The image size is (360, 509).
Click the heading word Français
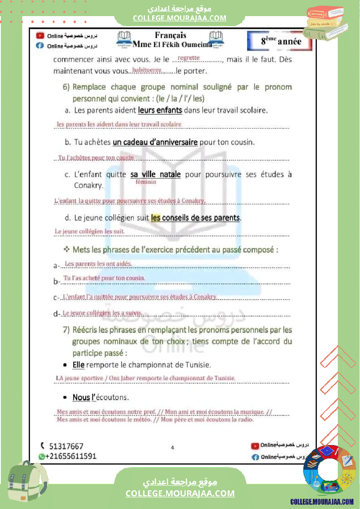(170, 36)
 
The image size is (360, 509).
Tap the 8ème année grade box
(281, 41)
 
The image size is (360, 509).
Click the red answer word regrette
(189, 57)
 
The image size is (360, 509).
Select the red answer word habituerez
(147, 70)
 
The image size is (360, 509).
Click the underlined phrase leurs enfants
(160, 110)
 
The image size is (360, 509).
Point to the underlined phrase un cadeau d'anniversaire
(155, 142)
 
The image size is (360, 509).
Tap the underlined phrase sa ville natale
(156, 174)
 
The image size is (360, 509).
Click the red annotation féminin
(146, 182)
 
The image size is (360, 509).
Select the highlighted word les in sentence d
(156, 217)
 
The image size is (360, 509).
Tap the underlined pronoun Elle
(78, 364)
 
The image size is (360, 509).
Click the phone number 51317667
(66, 446)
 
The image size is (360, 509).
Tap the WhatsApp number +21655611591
(71, 456)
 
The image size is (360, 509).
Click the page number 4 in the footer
(173, 447)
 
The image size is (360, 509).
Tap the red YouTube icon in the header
(40, 36)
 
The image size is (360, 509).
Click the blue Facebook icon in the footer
(255, 457)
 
